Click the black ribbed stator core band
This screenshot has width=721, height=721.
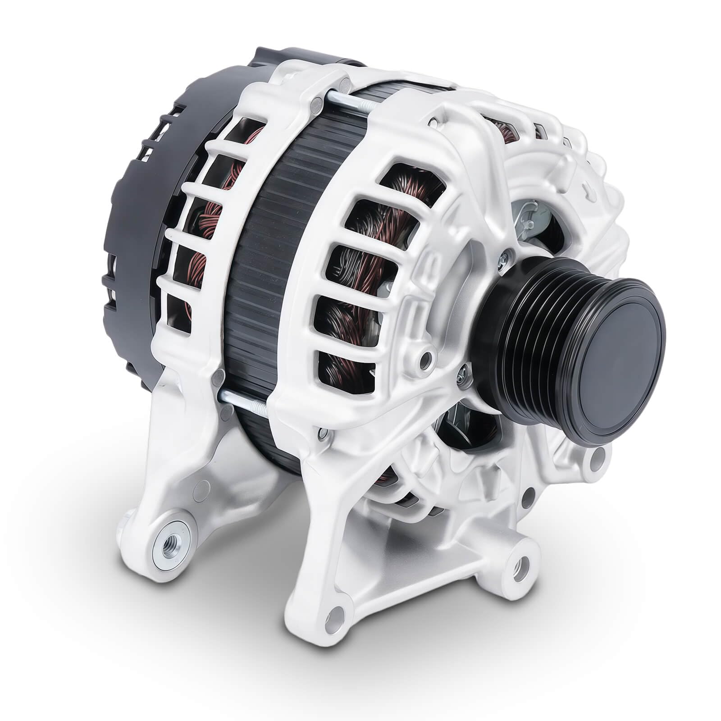pos(266,252)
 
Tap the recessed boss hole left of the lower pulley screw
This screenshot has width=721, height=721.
pos(424,358)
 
